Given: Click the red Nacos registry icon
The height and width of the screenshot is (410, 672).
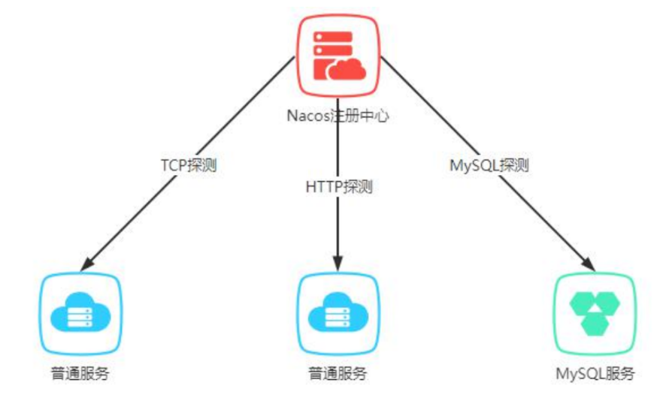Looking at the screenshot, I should (338, 56).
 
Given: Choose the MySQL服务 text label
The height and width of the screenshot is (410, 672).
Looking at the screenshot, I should (595, 372).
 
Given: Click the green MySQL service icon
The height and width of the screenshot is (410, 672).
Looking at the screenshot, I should (595, 313).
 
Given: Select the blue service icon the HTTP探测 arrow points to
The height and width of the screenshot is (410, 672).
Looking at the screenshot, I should (338, 313).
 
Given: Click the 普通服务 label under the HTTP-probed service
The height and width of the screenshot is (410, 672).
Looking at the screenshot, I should (338, 372).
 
